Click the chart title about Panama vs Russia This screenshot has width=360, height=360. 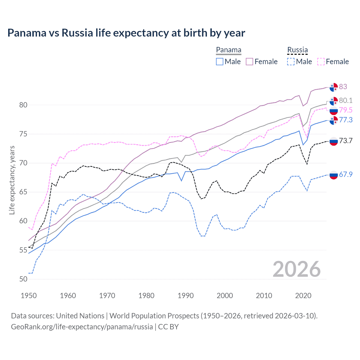[x=126, y=33]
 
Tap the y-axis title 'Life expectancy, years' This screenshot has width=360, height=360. [x=12, y=180]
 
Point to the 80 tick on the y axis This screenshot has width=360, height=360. [x=23, y=105]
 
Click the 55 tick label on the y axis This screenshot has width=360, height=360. [x=23, y=250]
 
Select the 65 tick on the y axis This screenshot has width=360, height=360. [x=23, y=192]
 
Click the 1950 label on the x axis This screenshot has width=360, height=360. [x=29, y=296]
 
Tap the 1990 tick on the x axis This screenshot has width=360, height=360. [x=186, y=296]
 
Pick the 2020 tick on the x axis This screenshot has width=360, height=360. [x=303, y=296]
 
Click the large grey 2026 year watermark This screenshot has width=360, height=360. [x=296, y=269]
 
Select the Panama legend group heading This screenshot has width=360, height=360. [x=229, y=50]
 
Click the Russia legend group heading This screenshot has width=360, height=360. [x=298, y=50]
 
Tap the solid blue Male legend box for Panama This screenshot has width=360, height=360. [x=220, y=62]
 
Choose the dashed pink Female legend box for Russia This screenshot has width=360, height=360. [x=321, y=62]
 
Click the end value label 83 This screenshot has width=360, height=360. [x=343, y=87]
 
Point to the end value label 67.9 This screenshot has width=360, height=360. [x=346, y=174]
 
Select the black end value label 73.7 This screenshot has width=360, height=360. [x=346, y=141]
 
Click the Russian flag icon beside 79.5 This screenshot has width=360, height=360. [x=334, y=111]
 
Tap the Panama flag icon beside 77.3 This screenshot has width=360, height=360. [x=334, y=120]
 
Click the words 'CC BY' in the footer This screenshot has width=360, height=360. [x=168, y=327]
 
